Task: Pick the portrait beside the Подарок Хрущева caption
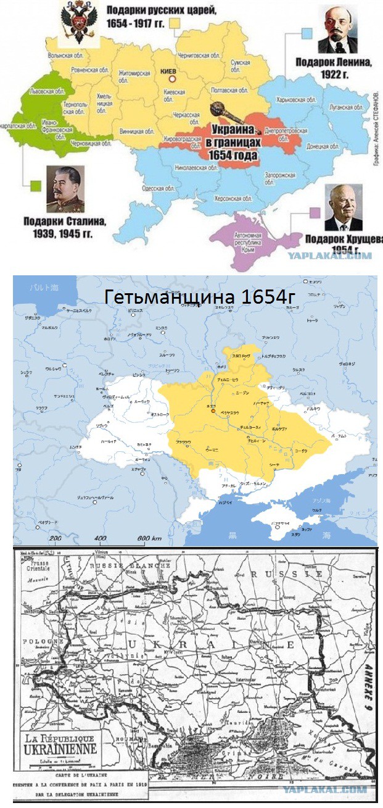click(344, 207)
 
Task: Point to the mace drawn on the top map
click(221, 111)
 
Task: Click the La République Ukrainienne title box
click(60, 744)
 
